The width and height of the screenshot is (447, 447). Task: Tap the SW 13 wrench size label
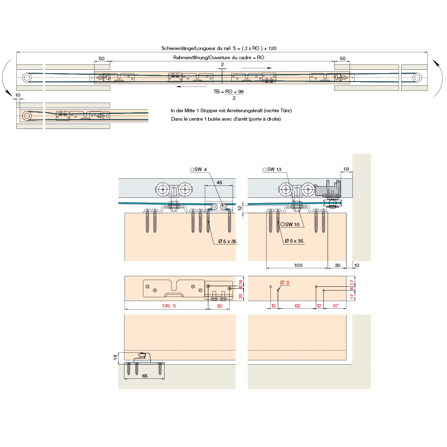click(274, 169)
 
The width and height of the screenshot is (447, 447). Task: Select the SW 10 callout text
click(292, 225)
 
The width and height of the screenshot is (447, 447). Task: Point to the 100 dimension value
click(298, 265)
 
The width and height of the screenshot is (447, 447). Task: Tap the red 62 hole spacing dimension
click(297, 306)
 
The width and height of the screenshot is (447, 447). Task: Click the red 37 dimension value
click(335, 306)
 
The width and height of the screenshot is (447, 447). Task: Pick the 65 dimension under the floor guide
click(145, 376)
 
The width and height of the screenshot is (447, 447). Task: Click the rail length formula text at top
click(219, 48)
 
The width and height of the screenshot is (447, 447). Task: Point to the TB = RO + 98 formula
click(228, 91)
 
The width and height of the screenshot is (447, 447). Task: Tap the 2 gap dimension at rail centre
click(222, 64)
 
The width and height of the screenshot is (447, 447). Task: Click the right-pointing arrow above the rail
click(257, 67)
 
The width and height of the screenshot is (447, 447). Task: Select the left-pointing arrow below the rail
click(191, 87)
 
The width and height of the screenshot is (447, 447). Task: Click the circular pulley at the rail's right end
click(417, 77)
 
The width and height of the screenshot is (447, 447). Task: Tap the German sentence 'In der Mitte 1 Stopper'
click(231, 111)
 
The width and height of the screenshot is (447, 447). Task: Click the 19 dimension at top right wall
click(346, 169)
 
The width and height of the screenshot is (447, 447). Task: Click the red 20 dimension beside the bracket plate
click(241, 296)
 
